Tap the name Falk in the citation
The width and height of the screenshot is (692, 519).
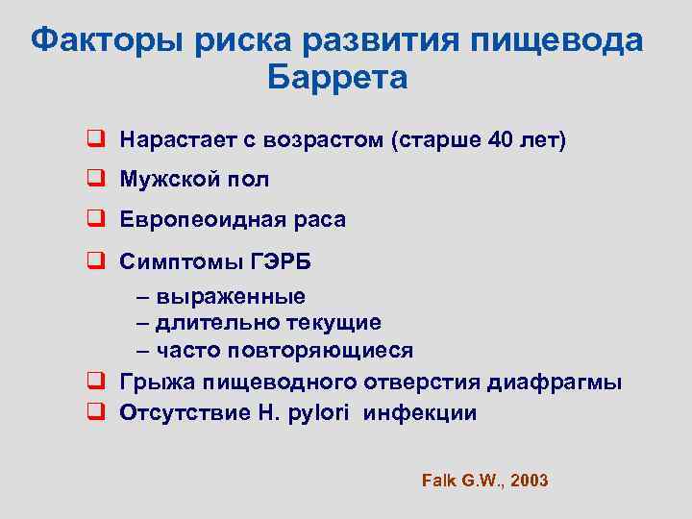437,480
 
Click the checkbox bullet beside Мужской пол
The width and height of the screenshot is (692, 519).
95,180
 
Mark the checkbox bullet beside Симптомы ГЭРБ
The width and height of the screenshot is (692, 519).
95,260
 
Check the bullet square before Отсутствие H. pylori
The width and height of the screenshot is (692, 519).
95,413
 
